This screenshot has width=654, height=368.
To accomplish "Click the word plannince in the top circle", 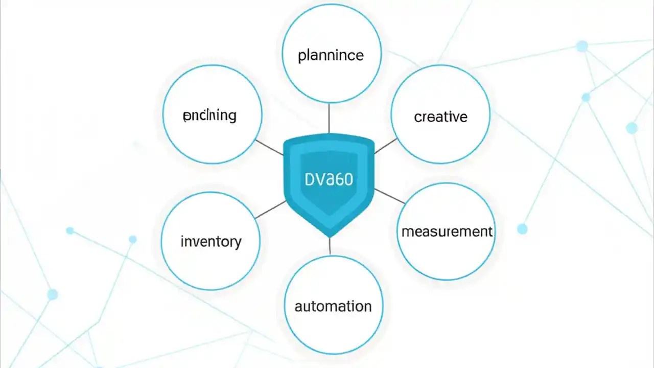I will (331, 55).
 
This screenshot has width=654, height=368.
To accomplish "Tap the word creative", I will (440, 117).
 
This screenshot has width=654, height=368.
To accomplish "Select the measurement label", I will (447, 232).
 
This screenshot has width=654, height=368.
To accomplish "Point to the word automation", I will (333, 306).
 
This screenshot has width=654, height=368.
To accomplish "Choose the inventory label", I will (211, 241).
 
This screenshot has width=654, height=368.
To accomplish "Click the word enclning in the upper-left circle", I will (209, 116).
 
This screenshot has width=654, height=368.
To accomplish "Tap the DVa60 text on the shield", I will (329, 179).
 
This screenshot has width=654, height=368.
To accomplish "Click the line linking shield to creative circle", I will (385, 146).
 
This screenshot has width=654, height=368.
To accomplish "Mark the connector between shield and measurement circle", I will (389, 196).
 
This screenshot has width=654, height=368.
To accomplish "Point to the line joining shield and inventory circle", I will (270, 210).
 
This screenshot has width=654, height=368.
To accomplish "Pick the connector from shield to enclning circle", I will (269, 147).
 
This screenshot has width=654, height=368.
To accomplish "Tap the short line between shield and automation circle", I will (330, 246).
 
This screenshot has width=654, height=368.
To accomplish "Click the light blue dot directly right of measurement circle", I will (522, 229).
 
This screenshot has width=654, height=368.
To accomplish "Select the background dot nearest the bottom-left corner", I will (52, 294).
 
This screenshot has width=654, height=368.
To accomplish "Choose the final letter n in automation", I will (367, 307).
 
